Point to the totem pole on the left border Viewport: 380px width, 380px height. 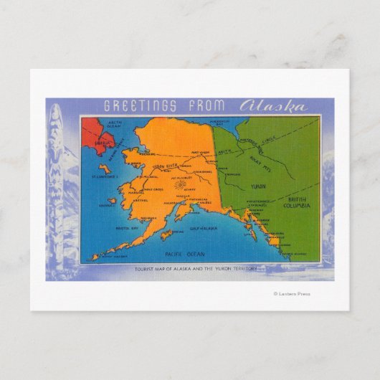pyautogui.click(x=56, y=179)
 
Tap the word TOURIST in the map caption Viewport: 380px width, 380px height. pyautogui.click(x=146, y=268)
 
